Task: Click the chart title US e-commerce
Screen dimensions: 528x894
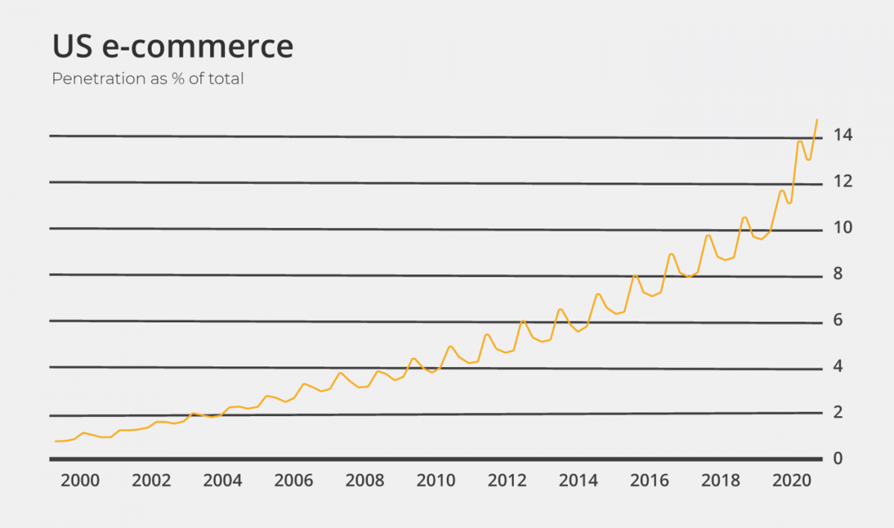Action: coord(173,46)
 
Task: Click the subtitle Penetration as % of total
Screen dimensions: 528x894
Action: coord(148,78)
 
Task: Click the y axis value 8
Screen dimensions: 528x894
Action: coord(839,274)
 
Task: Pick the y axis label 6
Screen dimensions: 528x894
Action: coord(839,320)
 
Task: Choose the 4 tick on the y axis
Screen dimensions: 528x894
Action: coord(839,366)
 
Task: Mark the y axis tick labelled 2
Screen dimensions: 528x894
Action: coord(839,412)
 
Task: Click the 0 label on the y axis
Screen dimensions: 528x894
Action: coord(839,458)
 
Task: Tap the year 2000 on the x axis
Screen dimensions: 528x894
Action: coord(80,480)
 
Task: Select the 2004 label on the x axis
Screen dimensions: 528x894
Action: coord(222,480)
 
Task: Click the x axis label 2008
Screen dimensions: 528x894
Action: coord(364,480)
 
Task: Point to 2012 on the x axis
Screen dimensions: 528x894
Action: coord(507,480)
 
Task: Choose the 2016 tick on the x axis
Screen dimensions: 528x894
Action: coord(649,480)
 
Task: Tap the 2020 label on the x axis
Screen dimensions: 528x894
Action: coord(791,480)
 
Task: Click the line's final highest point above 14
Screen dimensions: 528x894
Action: coord(817,119)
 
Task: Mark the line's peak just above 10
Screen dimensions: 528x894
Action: coord(744,217)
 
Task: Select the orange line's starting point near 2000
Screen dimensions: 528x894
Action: coord(56,441)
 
